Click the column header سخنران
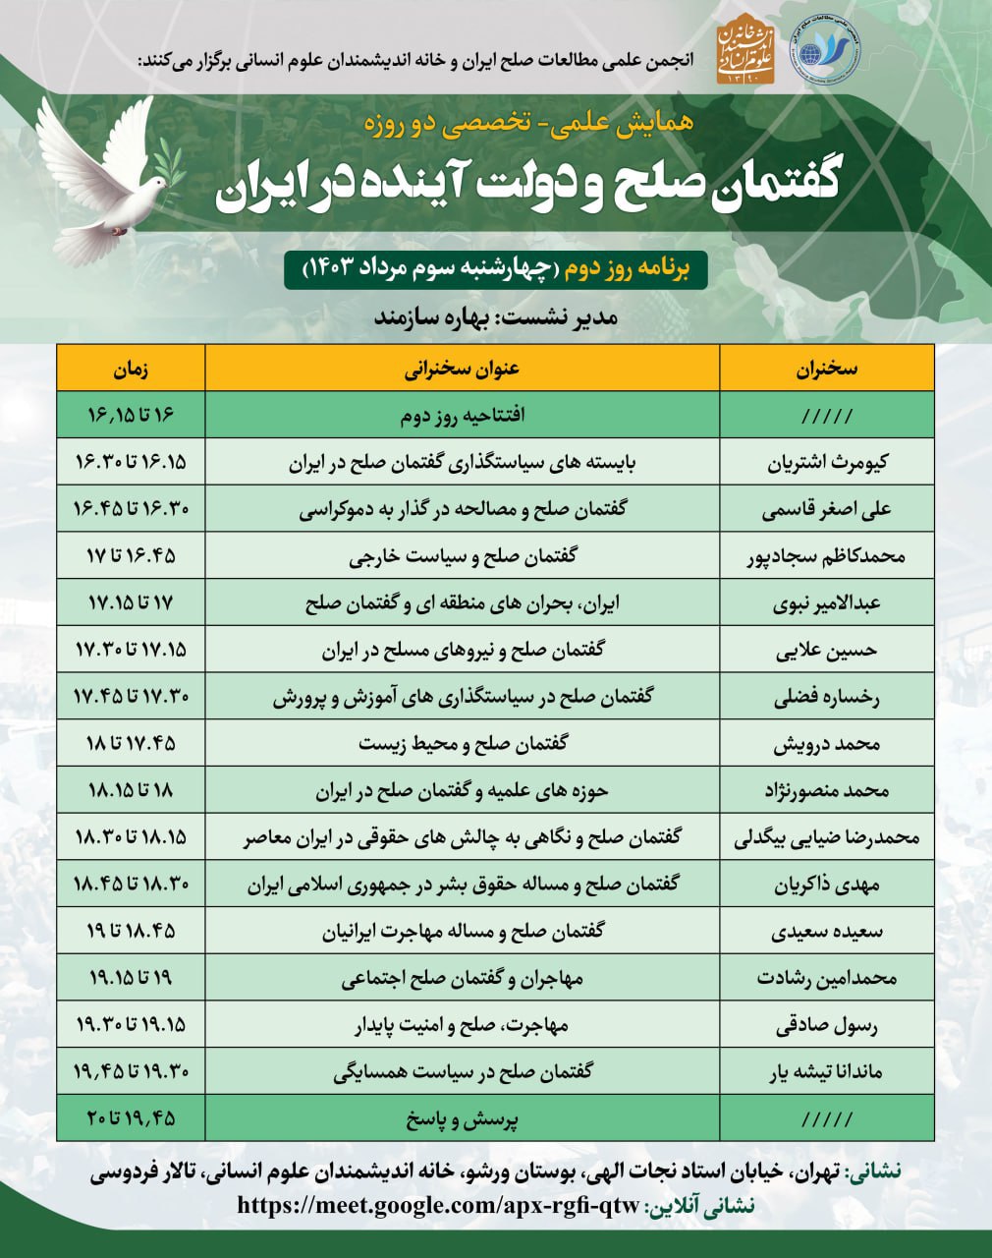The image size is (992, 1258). (x=826, y=369)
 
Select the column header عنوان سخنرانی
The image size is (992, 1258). (x=462, y=369)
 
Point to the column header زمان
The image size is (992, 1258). (x=131, y=369)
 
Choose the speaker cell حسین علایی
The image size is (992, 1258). (x=826, y=650)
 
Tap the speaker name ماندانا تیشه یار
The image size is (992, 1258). (x=826, y=1072)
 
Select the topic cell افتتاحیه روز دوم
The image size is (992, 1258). (x=462, y=416)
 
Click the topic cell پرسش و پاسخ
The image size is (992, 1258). (x=462, y=1119)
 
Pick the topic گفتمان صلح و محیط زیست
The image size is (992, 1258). (x=462, y=744)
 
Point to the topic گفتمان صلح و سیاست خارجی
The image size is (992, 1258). (x=462, y=556)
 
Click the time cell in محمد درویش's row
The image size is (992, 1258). (x=131, y=744)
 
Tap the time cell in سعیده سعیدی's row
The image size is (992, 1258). (x=131, y=931)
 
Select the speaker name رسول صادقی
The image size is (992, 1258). (x=826, y=1025)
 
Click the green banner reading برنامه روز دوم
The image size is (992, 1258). (x=495, y=268)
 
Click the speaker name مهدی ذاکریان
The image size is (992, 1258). (x=826, y=885)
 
